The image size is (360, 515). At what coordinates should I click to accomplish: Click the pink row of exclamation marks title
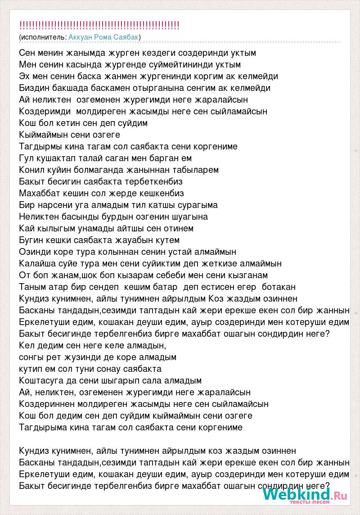coord(99,25)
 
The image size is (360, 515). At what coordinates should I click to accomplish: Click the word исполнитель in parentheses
coord(43,36)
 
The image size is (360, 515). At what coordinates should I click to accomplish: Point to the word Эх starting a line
coord(25,76)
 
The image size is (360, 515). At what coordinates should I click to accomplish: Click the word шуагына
coord(187,217)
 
